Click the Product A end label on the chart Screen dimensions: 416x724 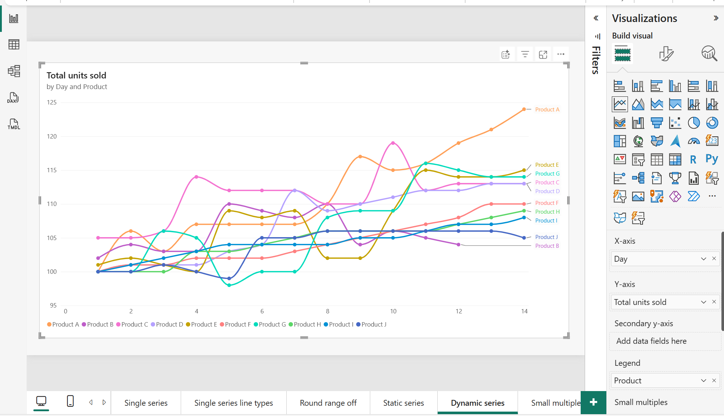pos(547,110)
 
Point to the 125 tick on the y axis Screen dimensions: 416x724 pos(52,102)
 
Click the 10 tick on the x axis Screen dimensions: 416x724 pos(393,311)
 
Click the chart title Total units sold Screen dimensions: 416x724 pos(76,76)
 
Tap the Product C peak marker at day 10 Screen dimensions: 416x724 pos(393,143)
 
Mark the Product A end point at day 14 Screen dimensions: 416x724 pos(524,109)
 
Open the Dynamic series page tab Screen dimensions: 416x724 pos(477,403)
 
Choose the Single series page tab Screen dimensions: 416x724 pos(146,403)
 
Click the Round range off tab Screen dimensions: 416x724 pos(328,403)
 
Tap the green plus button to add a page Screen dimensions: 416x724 pos(593,402)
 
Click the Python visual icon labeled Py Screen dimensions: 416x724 pos(712,159)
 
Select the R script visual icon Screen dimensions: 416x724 pos(693,159)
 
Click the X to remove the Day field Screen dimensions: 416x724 pos(714,259)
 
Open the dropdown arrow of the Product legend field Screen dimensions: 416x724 pos(703,380)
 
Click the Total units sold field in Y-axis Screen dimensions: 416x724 pos(640,302)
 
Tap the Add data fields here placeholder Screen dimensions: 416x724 pos(651,341)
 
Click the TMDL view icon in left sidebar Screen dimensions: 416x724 pos(14,124)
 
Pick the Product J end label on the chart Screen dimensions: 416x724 pos(546,237)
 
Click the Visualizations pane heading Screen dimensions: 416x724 pos(644,18)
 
